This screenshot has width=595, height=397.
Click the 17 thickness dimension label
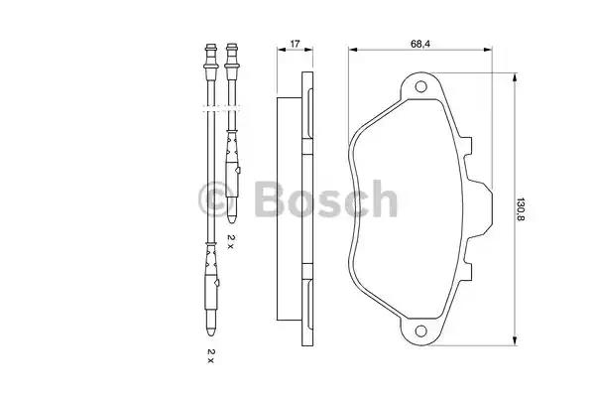point(295,44)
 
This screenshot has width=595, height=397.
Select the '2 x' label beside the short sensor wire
point(231,241)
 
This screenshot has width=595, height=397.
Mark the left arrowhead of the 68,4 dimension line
point(353,50)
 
